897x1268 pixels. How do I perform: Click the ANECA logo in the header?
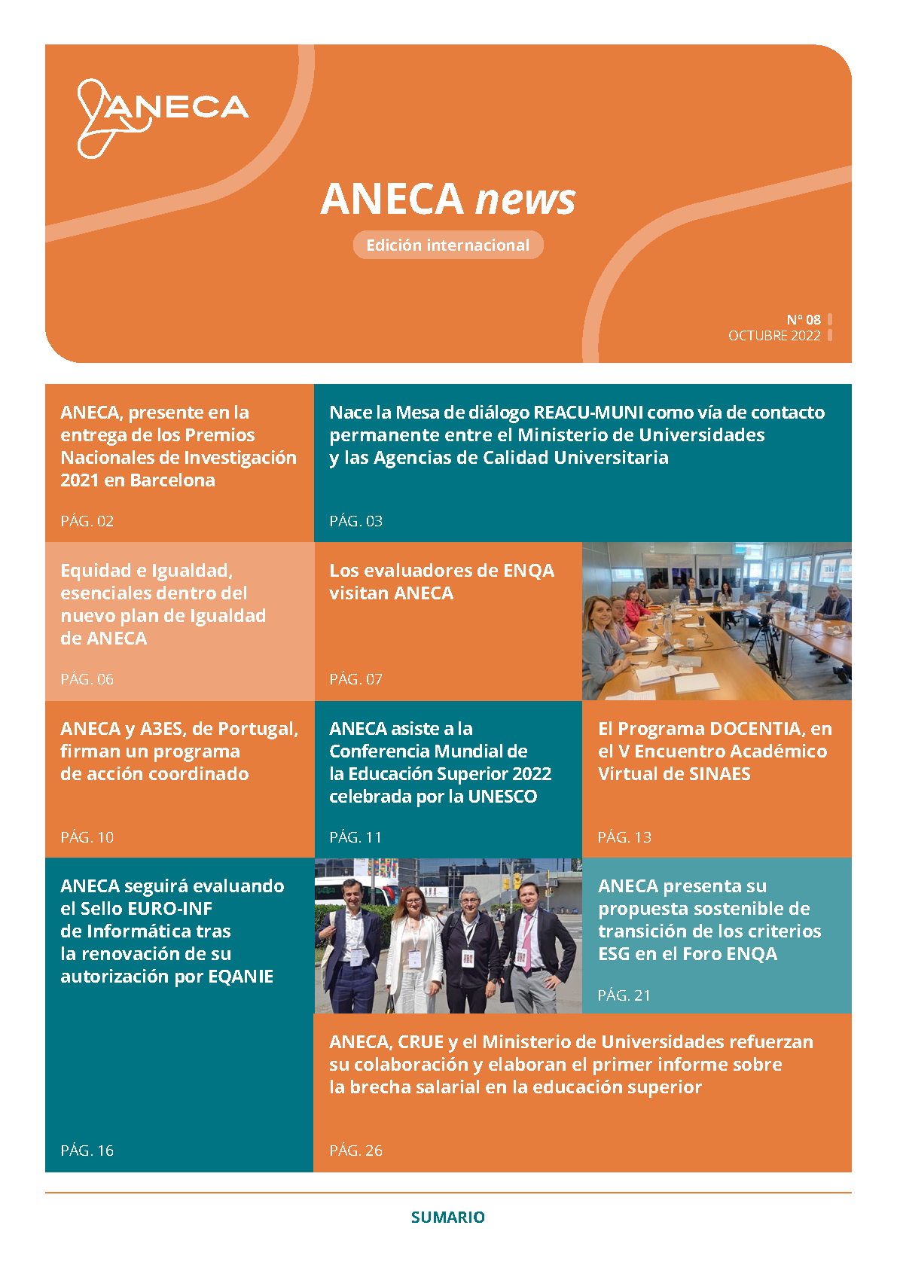pos(162,117)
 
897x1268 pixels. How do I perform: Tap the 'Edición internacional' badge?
pos(447,245)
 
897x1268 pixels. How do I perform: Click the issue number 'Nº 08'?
pos(804,319)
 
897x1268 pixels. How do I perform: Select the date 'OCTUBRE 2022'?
pos(774,336)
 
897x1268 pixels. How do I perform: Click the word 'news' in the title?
pos(526,200)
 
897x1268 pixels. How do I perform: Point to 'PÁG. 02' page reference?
pos(87,521)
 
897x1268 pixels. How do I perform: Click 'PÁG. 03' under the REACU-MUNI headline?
pos(356,521)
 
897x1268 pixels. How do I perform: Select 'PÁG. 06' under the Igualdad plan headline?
pos(87,679)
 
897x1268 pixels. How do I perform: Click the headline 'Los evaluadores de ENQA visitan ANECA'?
pos(441,581)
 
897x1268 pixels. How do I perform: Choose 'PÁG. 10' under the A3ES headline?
pos(87,837)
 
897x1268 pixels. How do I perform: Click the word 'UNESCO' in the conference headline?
pos(502,797)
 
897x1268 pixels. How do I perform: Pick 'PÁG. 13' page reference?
pos(624,837)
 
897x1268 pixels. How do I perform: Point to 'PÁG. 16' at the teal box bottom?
pos(87,1151)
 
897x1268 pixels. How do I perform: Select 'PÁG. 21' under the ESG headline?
pos(624,995)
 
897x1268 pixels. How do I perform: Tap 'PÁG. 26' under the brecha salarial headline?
pos(356,1151)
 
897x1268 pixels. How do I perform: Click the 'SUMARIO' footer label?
pos(448,1217)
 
